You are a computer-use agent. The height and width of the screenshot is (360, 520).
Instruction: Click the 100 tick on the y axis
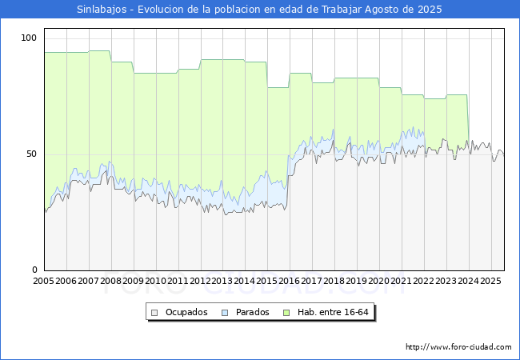(x=29, y=38)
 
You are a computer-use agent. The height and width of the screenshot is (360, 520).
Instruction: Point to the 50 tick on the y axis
(x=31, y=154)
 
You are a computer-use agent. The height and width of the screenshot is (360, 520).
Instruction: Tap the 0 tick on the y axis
(x=34, y=270)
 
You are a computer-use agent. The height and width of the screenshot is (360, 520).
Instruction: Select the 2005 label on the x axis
(x=43, y=281)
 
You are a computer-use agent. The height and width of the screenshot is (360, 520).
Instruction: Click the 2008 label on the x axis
(x=110, y=281)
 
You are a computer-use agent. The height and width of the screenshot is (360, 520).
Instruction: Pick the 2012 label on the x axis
(x=200, y=281)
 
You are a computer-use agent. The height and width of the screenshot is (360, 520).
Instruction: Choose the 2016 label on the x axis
(x=290, y=281)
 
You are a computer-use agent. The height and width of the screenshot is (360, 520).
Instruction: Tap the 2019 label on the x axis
(x=357, y=281)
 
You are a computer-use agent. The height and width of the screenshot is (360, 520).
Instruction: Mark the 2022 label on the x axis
(x=424, y=281)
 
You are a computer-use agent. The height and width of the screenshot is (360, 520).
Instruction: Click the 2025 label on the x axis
(x=491, y=281)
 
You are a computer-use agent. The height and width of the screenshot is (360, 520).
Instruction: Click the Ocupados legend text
(x=186, y=312)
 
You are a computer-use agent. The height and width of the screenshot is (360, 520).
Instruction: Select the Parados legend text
(x=252, y=312)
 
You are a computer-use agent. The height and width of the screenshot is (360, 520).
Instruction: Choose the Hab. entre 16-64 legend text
(x=333, y=312)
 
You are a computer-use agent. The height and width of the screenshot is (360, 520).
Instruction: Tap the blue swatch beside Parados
(x=225, y=313)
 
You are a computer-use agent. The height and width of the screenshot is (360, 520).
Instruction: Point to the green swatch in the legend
(x=286, y=313)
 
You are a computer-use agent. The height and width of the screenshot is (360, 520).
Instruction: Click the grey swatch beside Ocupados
(x=154, y=313)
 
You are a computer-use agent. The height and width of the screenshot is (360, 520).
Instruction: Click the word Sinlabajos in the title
(x=102, y=10)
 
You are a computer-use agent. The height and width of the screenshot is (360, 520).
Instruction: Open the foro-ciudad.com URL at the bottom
(x=458, y=347)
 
